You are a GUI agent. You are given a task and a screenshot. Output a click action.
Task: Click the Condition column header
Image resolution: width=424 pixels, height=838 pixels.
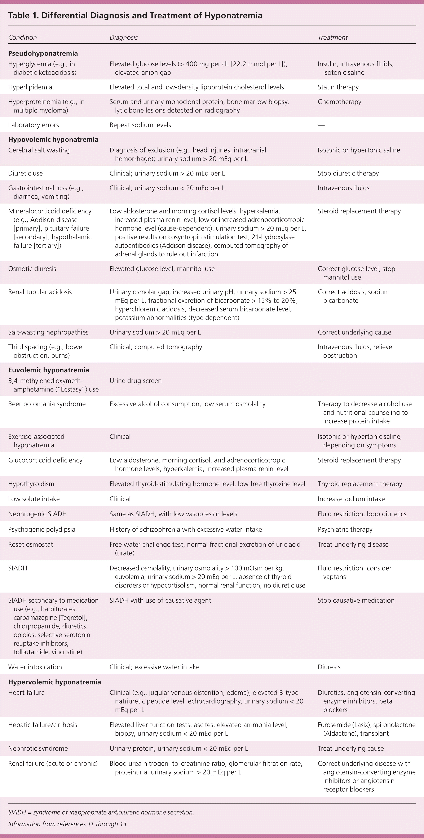pos(22,37)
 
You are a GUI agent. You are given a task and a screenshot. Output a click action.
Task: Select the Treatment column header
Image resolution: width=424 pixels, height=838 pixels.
pos(333,37)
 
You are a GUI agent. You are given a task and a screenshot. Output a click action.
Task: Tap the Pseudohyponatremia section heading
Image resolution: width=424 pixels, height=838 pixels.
pos(43,53)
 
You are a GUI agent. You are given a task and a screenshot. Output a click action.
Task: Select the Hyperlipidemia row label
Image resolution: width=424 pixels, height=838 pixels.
pos(30,87)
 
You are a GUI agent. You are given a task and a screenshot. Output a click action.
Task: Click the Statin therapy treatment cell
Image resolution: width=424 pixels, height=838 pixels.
pos(338,87)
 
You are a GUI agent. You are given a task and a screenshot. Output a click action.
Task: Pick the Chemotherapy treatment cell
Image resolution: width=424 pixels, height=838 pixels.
pos(339,102)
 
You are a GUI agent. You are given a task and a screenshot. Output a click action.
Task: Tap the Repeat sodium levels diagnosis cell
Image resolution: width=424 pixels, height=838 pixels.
pos(140,125)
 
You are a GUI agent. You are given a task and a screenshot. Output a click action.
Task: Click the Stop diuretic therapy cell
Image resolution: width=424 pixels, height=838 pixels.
pos(348,173)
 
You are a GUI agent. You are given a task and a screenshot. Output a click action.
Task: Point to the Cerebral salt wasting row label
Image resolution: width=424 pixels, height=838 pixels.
pos(39,150)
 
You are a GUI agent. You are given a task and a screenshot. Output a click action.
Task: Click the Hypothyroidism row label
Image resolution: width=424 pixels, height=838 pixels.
pos(31,484)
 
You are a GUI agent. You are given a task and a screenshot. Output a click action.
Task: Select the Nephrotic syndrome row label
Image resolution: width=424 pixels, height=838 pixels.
pos(38,749)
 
